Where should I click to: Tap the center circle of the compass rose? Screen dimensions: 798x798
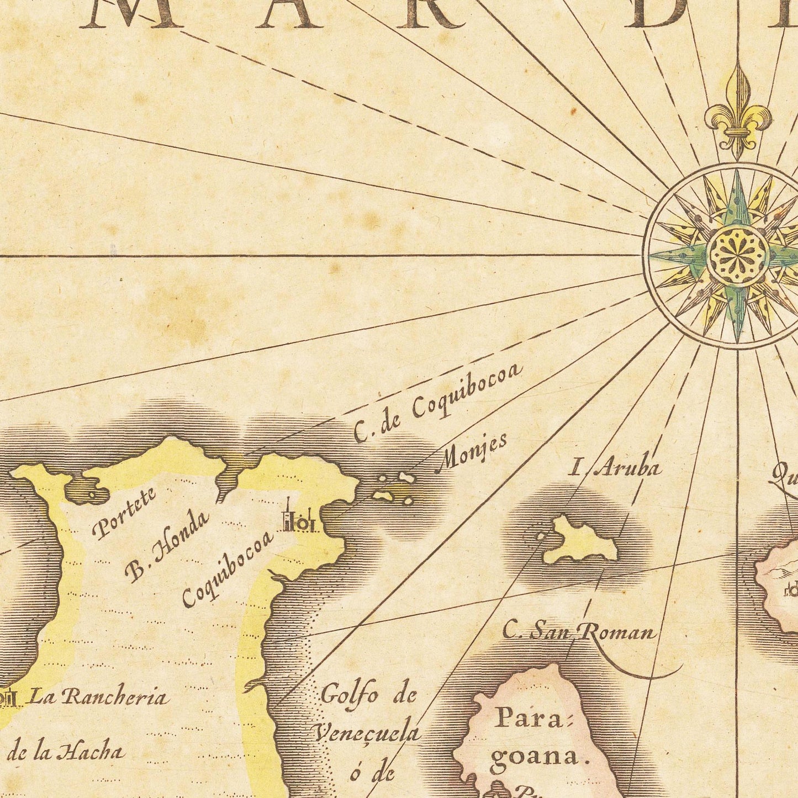738,255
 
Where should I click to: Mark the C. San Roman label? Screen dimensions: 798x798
578,631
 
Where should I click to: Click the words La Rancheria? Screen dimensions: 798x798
97,697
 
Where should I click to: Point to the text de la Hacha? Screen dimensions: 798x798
65,752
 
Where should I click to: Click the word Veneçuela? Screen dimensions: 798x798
368,733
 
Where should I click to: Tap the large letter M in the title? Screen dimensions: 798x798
130,13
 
